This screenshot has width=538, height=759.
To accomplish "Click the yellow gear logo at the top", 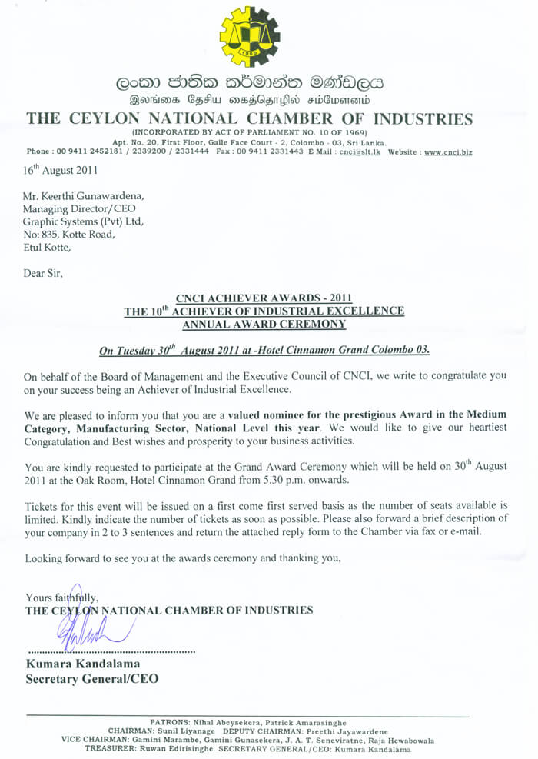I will [250, 37].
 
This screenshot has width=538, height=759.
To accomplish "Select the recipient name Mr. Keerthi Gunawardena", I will [83, 196].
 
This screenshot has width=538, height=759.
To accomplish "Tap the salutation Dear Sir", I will [43, 272].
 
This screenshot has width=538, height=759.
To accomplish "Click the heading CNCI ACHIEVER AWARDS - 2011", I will [264, 298].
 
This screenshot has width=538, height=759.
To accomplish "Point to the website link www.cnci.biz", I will [448, 152].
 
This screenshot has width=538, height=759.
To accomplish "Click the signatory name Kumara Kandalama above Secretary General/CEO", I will [83, 664].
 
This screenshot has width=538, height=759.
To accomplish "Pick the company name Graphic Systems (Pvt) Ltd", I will [84, 222].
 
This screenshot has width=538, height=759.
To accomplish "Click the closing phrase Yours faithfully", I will [62, 598].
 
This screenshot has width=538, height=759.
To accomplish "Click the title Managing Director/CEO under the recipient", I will [82, 209].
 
